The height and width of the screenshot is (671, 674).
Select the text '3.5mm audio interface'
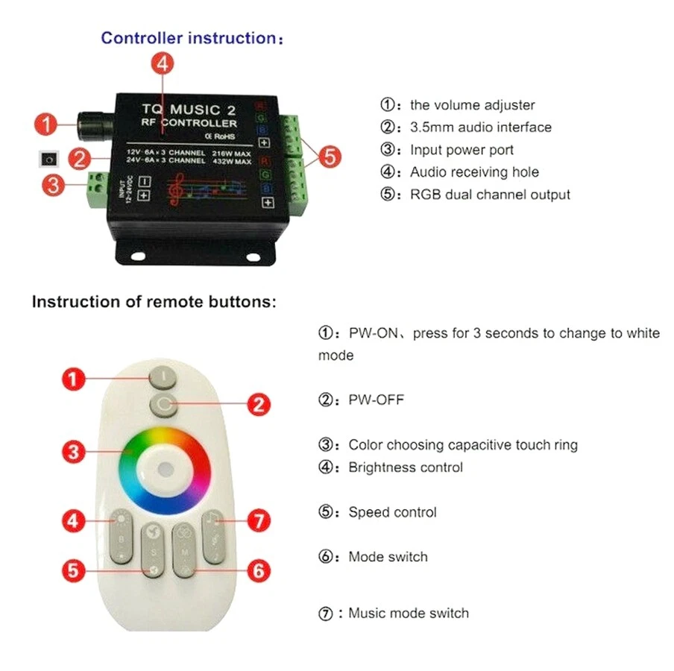pos(481,127)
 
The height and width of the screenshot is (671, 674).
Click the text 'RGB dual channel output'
pos(490,195)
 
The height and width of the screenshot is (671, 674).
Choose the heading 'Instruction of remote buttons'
pos(154,302)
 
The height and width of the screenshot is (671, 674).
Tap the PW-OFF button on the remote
pos(163,404)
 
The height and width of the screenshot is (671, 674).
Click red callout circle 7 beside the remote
pos(257,521)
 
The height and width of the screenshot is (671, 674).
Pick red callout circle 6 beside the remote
pos(257,572)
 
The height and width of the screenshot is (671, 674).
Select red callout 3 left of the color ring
pos(73,451)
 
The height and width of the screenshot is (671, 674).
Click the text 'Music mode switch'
pos(409,614)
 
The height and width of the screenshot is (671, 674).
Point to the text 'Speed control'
pos(392,512)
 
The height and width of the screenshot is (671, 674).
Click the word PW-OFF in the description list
pos(377,400)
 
